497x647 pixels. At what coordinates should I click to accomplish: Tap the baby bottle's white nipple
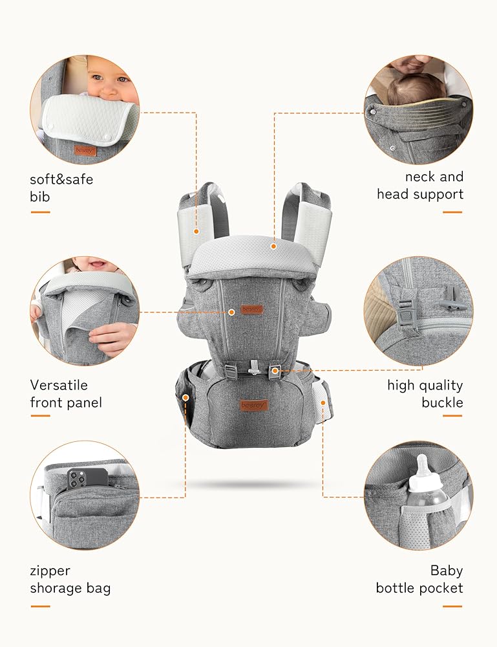tap(422, 466)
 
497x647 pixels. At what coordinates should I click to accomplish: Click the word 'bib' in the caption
tap(39, 197)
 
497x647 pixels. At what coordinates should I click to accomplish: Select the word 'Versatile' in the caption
tap(59, 385)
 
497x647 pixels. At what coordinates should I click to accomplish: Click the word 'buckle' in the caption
tap(442, 402)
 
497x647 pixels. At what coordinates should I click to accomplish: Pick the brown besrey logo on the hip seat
tap(254, 405)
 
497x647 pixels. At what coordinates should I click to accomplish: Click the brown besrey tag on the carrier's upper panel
tap(251, 309)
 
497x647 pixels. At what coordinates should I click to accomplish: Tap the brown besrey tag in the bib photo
tap(85, 151)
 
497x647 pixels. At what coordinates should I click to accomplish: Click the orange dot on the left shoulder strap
tap(196, 232)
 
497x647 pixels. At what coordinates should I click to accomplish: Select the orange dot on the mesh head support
tap(273, 247)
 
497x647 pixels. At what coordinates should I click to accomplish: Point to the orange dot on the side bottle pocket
tap(323, 402)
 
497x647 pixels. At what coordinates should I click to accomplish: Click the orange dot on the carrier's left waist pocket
tap(186, 398)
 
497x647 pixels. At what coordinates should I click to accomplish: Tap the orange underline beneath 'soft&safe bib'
tap(40, 212)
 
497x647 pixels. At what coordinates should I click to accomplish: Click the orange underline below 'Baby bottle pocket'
tap(452, 607)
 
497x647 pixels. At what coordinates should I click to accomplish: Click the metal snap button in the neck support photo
tap(373, 111)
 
